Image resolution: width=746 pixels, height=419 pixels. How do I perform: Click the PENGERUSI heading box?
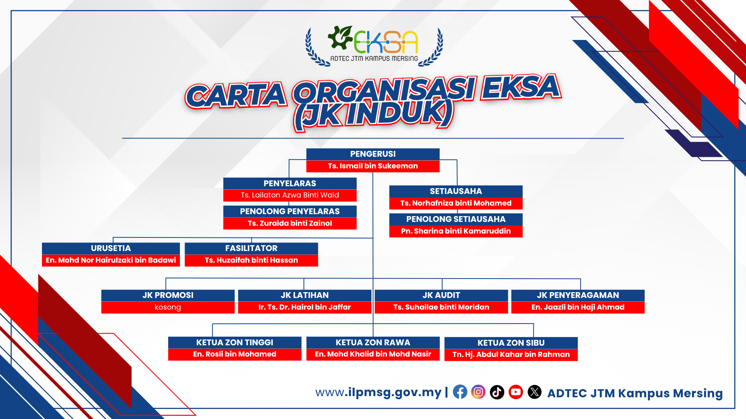(x=373, y=154)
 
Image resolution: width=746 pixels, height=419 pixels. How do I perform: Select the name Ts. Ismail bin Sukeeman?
(x=373, y=166)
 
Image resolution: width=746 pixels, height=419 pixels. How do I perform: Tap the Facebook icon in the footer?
(x=460, y=392)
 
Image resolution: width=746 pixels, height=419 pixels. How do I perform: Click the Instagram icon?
(x=478, y=392)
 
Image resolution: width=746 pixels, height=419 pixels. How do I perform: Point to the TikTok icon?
(x=497, y=392)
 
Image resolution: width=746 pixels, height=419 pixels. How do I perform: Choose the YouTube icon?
(x=516, y=392)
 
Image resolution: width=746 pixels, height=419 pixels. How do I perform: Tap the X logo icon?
(x=535, y=392)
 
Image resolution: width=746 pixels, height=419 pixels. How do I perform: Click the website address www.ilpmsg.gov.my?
(x=378, y=392)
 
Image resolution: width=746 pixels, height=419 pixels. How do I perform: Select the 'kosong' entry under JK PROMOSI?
(x=168, y=307)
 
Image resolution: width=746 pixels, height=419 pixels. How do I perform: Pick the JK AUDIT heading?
(x=441, y=295)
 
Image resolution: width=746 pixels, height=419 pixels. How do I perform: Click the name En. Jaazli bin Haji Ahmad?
(x=578, y=307)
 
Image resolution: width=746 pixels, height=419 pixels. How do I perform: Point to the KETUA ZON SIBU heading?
(x=511, y=343)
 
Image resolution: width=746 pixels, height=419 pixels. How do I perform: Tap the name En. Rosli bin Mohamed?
(x=235, y=354)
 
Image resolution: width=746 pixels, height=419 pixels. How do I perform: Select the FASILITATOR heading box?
(x=251, y=248)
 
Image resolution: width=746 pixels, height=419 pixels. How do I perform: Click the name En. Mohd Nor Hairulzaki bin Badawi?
(x=111, y=260)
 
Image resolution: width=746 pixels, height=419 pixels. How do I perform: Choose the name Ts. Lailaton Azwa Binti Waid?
(x=290, y=195)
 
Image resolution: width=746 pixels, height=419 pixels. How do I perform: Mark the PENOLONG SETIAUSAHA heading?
(x=456, y=219)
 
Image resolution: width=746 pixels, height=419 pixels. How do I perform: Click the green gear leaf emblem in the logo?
(x=340, y=37)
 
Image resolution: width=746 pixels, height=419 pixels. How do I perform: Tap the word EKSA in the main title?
(x=521, y=87)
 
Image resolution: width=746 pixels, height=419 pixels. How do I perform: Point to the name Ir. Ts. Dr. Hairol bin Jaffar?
(x=305, y=307)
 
